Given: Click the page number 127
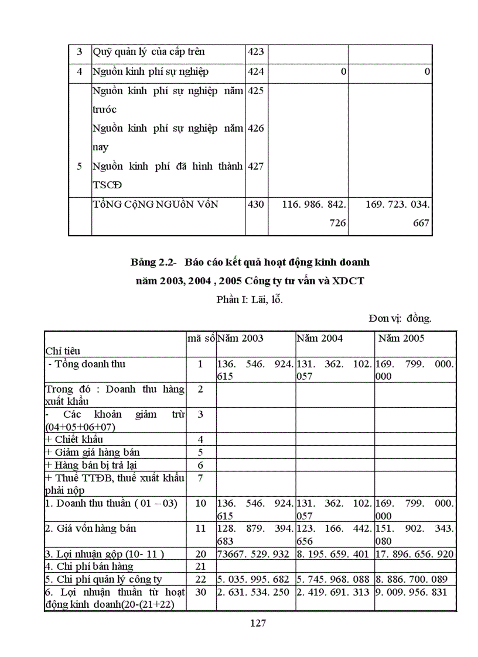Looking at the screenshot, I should click(258, 623).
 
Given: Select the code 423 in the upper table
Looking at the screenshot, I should click(257, 52).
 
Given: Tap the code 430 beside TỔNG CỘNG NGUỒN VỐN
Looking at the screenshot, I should click(257, 204).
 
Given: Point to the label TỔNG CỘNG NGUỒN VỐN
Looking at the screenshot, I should click(155, 204).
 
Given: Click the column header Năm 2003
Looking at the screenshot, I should click(241, 338).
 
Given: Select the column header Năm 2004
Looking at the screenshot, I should click(320, 338).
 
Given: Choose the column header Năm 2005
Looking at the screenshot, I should click(401, 338).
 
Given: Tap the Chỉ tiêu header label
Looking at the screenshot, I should click(63, 351).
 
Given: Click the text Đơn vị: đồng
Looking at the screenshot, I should click(400, 318).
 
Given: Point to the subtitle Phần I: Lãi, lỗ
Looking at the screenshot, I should click(250, 300).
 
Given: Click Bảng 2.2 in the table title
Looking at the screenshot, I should click(152, 262).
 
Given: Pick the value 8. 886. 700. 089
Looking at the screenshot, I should click(412, 579).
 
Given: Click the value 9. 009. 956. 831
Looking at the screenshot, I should click(412, 592).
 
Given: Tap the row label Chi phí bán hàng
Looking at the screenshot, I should click(89, 566).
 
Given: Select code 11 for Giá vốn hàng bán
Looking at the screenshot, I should click(200, 528).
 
